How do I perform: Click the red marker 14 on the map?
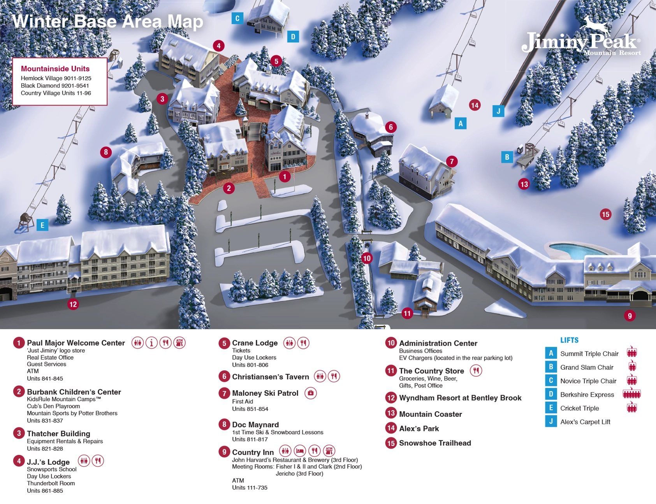coord(475,105)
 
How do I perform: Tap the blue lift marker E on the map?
coord(42,225)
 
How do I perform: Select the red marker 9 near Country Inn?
coord(630,316)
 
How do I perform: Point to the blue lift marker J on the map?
coord(498,111)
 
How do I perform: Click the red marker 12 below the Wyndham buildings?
coord(73,304)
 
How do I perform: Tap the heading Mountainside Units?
coord(55,69)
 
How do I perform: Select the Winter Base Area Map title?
coord(107,21)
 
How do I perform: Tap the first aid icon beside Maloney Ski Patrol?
coord(310,393)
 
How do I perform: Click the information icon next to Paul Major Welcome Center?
coord(151,343)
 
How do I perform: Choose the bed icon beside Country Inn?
coord(300,451)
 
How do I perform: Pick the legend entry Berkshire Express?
coord(587,395)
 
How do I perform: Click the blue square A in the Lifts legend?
coord(551,353)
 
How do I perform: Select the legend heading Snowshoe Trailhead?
coord(435,443)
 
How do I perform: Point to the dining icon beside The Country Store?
coord(476,371)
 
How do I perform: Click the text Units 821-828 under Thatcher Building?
coord(45,448)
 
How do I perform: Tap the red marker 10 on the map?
coord(367,258)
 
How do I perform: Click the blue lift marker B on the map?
coord(507,157)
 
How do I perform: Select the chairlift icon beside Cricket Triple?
coord(631,408)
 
